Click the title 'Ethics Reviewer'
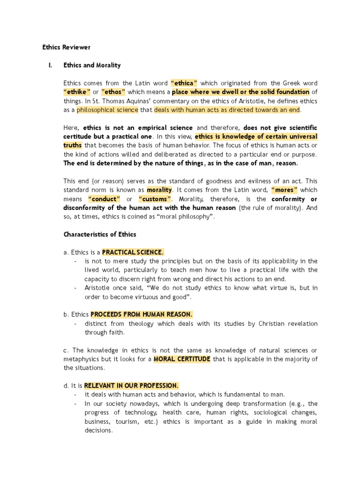(66, 47)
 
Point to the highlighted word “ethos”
(113, 92)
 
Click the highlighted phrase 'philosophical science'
(107, 110)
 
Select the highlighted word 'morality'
(159, 190)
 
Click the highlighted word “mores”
(285, 190)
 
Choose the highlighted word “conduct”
(102, 199)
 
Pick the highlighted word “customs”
(153, 199)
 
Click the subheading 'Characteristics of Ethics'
(100, 234)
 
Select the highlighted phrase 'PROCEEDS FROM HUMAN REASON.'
(142, 315)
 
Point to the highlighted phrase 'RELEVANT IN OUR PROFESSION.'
(131, 386)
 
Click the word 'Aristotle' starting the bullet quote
(97, 288)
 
